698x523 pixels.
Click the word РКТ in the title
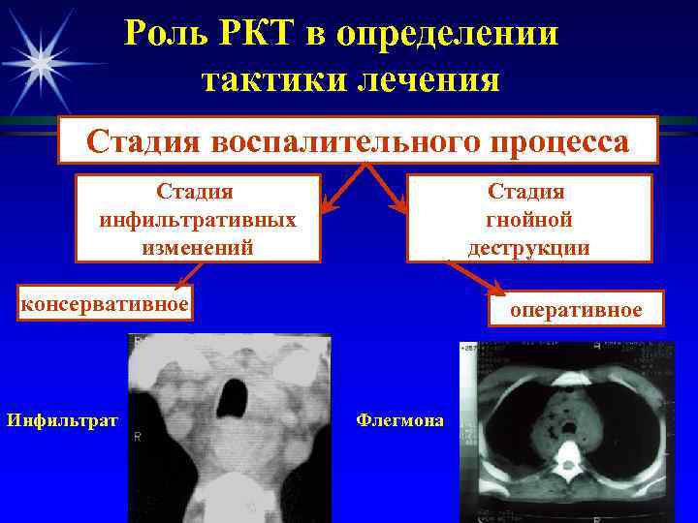249,34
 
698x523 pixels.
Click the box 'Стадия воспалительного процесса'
358,141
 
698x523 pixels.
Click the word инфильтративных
198,219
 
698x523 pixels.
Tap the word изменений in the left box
198,246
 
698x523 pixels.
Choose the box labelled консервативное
106,303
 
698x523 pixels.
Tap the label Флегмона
400,419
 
